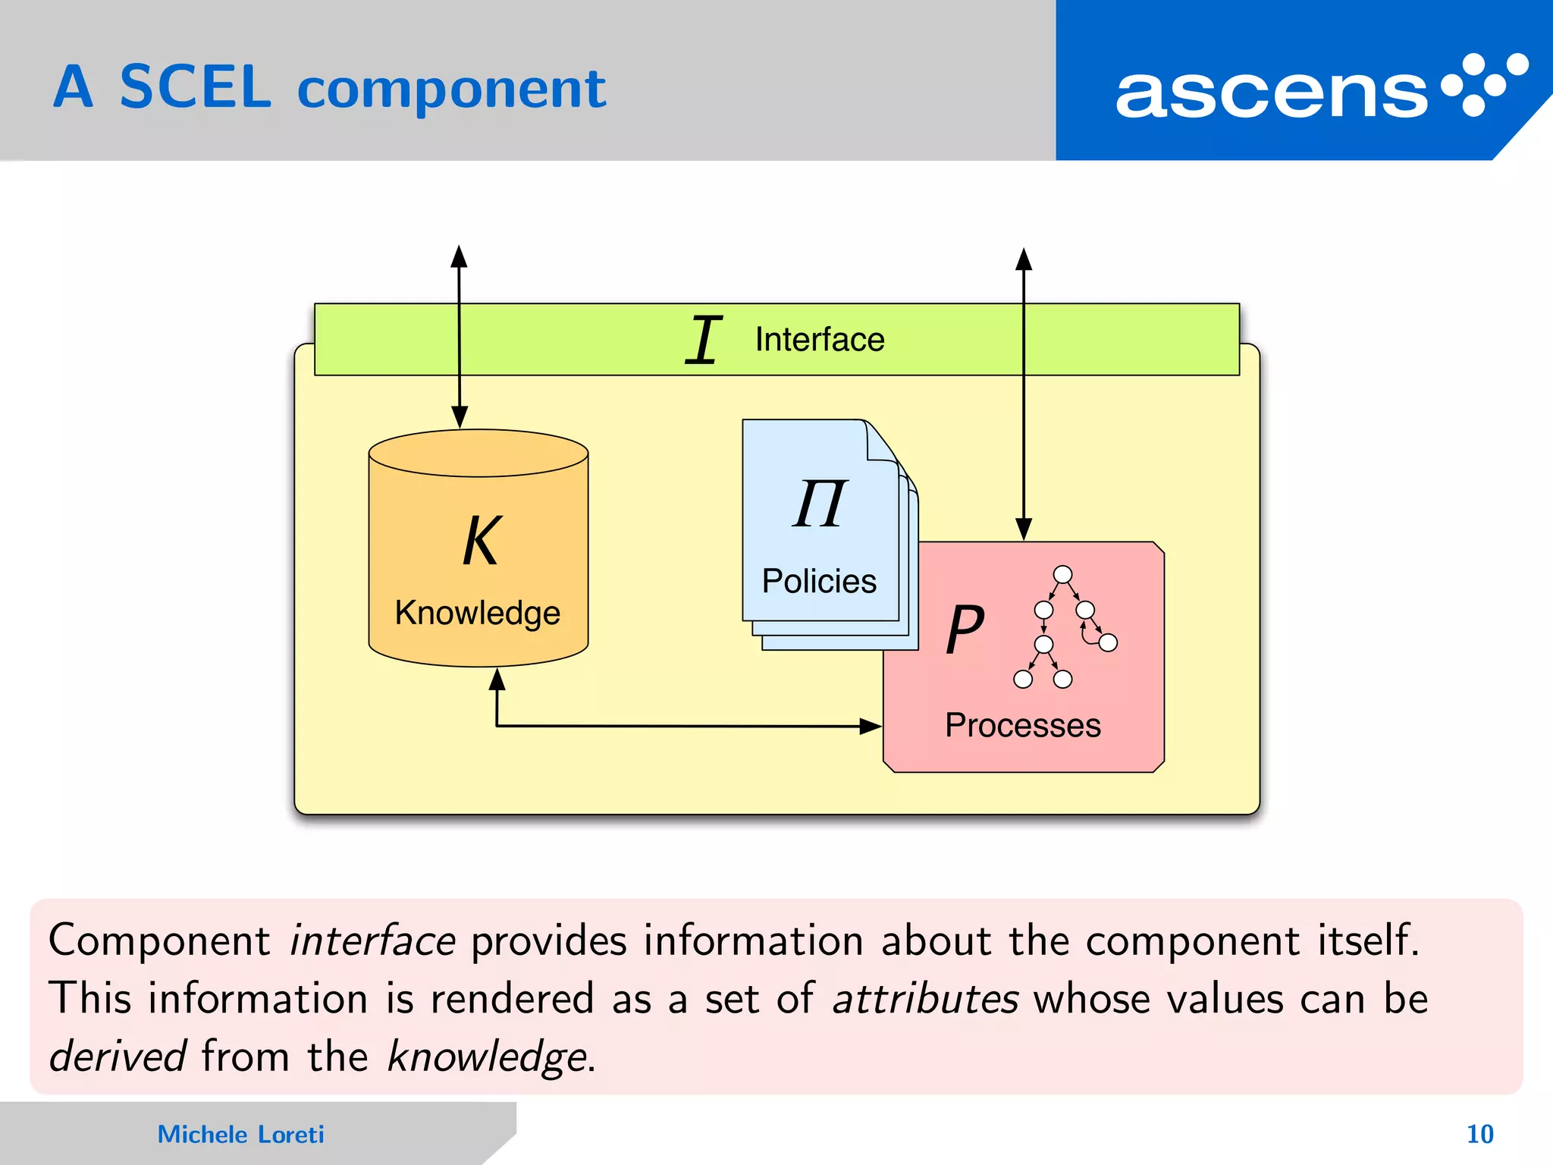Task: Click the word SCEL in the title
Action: tap(195, 88)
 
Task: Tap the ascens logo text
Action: tap(1271, 94)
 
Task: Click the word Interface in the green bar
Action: tap(820, 340)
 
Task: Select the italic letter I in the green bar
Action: tap(704, 340)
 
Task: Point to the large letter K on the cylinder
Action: tap(481, 541)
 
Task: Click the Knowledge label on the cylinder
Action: tap(478, 613)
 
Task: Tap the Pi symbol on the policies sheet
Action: tap(820, 504)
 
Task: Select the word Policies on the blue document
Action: tap(819, 581)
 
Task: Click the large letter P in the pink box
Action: tap(965, 629)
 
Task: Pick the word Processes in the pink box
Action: tap(1022, 726)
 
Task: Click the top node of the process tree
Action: tap(1063, 574)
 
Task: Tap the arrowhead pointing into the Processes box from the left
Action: tap(871, 727)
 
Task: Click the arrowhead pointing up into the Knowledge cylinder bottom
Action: tap(497, 680)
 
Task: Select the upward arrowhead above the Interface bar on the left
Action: tap(459, 256)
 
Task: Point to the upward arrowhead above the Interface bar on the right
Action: tap(1024, 259)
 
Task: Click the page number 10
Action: tap(1479, 1134)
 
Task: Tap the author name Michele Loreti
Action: tap(240, 1134)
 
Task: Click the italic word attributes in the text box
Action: tap(925, 998)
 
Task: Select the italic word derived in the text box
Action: tap(118, 1056)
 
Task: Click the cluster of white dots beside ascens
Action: tap(1484, 84)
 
